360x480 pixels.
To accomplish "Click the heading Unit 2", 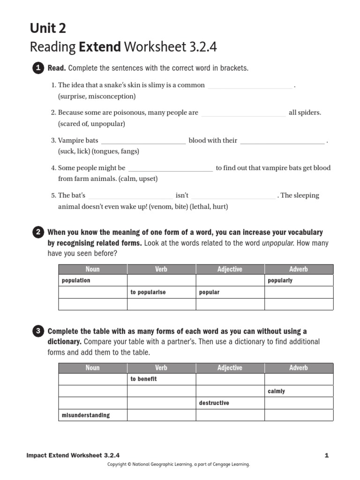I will [48, 29].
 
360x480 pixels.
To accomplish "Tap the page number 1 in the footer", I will [326, 455].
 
